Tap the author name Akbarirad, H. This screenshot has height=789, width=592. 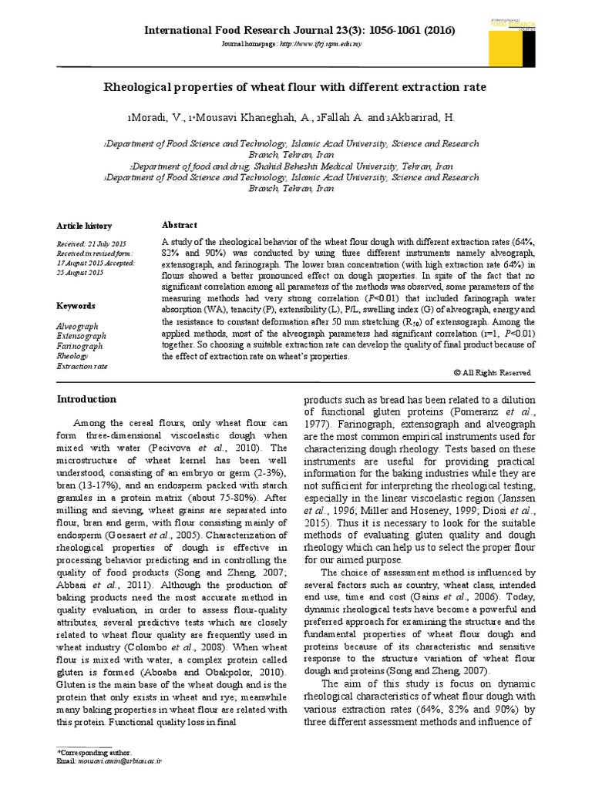coord(420,118)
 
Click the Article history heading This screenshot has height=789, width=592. coord(84,226)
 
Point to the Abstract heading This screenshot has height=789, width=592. coord(179,225)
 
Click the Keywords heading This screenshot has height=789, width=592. coord(76,306)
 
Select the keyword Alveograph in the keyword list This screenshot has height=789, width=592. coord(77,326)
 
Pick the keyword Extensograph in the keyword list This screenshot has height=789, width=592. coord(82,336)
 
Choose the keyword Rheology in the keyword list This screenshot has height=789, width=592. coord(73,356)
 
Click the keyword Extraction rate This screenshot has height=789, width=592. coord(82,366)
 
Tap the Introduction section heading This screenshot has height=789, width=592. coord(87,399)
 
